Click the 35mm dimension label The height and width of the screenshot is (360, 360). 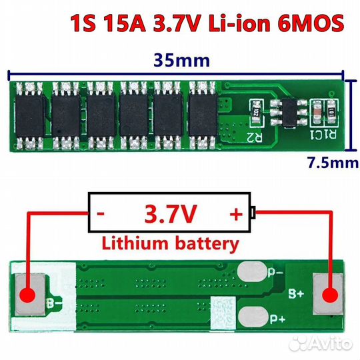click(x=181, y=60)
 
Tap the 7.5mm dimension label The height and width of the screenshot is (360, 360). click(x=333, y=163)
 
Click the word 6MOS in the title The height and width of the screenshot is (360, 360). click(x=311, y=23)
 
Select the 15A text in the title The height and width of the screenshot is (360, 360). click(x=124, y=23)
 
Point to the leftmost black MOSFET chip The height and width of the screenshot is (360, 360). click(x=29, y=116)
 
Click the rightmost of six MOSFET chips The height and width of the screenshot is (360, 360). click(x=203, y=115)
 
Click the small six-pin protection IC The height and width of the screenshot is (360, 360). click(x=289, y=113)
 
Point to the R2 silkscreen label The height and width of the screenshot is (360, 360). click(x=255, y=137)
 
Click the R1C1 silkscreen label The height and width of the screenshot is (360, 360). click(x=323, y=135)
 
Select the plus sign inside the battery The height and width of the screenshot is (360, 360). click(x=236, y=215)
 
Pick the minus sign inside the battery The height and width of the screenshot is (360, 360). click(x=101, y=214)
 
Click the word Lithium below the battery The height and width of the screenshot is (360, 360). click(x=135, y=244)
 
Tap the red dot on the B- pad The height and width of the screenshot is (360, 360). click(x=28, y=295)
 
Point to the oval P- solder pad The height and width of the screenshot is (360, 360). click(x=252, y=272)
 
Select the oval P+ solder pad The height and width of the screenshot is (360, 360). click(x=253, y=317)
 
